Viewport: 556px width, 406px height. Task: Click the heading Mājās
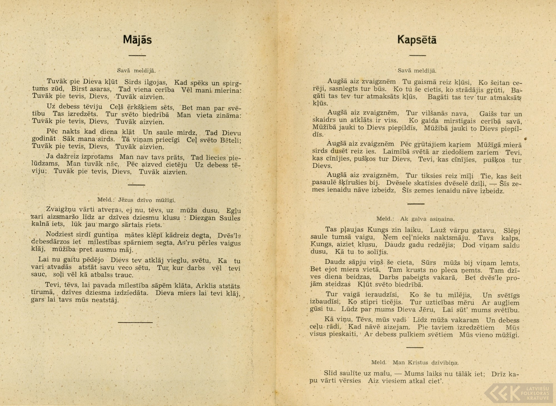point(137,40)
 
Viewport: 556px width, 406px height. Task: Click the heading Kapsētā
point(417,40)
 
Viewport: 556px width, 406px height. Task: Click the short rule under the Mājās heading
point(137,56)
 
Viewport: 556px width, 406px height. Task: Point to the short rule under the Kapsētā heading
point(418,55)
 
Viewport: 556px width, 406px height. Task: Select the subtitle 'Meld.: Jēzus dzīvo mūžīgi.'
point(136,200)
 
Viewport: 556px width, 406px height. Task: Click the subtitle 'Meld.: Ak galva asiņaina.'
point(415,219)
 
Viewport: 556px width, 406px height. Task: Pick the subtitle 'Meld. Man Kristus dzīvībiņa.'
point(414,362)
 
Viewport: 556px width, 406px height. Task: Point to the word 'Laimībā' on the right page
point(395,152)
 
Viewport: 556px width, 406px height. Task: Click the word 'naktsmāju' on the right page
point(454,238)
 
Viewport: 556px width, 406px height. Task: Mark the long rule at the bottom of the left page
point(135,322)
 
